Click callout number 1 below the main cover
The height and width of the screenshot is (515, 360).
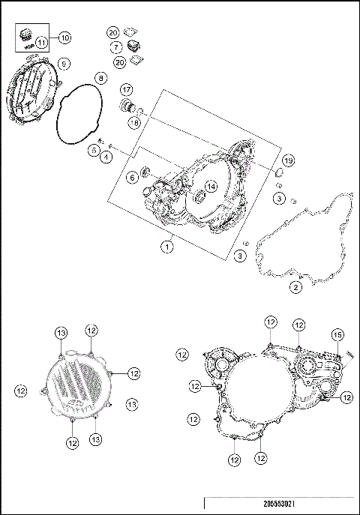point(169,244)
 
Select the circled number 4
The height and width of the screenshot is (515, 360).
point(107,157)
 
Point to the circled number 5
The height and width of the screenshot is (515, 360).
point(94,150)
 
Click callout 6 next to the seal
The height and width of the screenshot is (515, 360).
point(131,177)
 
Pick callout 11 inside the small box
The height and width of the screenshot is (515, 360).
point(41,43)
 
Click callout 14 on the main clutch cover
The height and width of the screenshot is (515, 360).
point(211,186)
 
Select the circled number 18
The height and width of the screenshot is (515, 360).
point(133,122)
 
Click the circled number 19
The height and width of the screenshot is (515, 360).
point(288,161)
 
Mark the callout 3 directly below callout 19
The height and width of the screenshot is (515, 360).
point(278,198)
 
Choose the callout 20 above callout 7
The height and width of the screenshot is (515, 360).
point(113,33)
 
